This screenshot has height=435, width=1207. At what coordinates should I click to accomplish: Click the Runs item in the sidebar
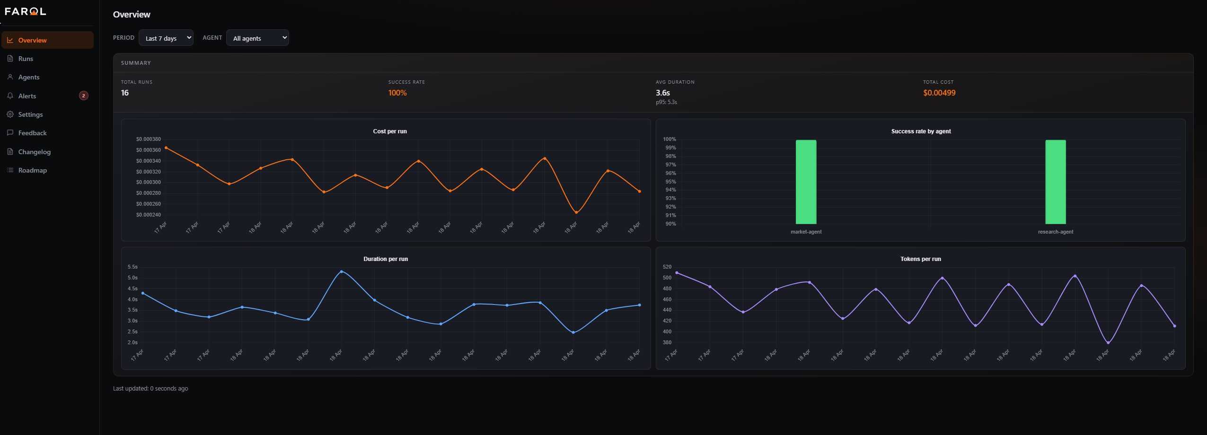pyautogui.click(x=26, y=59)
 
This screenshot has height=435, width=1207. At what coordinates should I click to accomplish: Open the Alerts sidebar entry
pyautogui.click(x=27, y=96)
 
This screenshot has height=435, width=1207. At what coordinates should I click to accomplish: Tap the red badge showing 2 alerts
pyautogui.click(x=84, y=96)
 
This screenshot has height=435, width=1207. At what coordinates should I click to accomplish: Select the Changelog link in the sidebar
pyautogui.click(x=34, y=152)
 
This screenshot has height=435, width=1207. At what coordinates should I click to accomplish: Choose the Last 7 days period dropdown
pyautogui.click(x=166, y=38)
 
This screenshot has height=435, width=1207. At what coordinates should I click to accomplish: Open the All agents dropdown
pyautogui.click(x=257, y=38)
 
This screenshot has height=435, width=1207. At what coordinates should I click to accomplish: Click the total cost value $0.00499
pyautogui.click(x=939, y=93)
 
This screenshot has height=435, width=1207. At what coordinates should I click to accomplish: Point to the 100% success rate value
pyautogui.click(x=397, y=93)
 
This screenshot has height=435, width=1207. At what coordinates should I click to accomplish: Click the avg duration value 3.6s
pyautogui.click(x=662, y=93)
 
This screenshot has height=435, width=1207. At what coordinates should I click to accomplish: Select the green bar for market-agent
pyautogui.click(x=806, y=182)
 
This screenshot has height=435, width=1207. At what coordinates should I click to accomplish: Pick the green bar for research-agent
pyautogui.click(x=1055, y=182)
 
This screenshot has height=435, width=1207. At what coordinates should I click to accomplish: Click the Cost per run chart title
pyautogui.click(x=390, y=131)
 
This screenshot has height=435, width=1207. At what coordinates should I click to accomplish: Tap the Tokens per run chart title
pyautogui.click(x=920, y=259)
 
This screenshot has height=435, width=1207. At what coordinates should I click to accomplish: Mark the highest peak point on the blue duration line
pyautogui.click(x=342, y=271)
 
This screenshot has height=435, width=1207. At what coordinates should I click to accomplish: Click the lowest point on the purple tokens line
pyautogui.click(x=1108, y=343)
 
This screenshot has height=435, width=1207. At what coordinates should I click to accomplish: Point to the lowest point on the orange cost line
pyautogui.click(x=576, y=212)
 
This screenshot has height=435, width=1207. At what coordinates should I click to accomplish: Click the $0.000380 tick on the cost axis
pyautogui.click(x=148, y=139)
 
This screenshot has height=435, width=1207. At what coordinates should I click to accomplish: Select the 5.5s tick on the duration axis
pyautogui.click(x=132, y=267)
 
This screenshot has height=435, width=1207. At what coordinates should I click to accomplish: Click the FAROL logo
pyautogui.click(x=25, y=11)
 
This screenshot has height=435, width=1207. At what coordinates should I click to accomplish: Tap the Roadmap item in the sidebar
pyautogui.click(x=32, y=170)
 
